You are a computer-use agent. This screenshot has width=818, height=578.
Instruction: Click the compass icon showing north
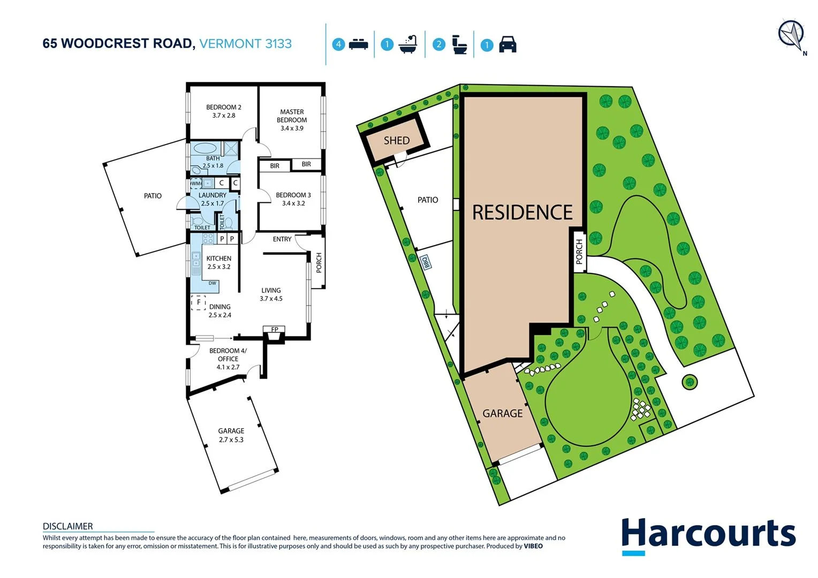click(x=791, y=35)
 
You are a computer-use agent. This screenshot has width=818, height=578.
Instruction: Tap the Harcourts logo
click(x=708, y=535)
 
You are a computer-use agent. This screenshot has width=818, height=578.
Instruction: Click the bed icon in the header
click(x=358, y=44)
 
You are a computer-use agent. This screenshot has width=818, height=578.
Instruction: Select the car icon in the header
click(x=508, y=44)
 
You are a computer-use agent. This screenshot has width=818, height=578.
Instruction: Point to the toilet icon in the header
click(x=459, y=44)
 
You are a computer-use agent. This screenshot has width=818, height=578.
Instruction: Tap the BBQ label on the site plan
click(x=427, y=262)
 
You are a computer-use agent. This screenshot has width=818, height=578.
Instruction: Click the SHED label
click(x=396, y=141)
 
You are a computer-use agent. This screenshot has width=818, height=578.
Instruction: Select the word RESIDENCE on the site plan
click(x=522, y=212)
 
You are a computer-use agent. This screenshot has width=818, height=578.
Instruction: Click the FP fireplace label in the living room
click(x=275, y=330)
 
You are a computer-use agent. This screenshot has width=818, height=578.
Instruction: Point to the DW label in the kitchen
click(x=213, y=283)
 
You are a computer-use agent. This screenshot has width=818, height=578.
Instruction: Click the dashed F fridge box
click(x=199, y=303)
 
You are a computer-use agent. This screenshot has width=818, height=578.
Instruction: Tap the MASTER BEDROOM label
click(x=292, y=116)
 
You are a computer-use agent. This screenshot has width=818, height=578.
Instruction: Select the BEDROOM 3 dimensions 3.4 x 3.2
click(x=293, y=203)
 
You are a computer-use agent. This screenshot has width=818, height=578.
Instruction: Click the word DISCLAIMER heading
click(x=67, y=526)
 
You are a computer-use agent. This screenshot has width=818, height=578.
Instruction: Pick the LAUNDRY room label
click(x=212, y=195)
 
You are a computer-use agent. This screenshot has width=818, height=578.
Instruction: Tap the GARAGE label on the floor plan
click(x=231, y=431)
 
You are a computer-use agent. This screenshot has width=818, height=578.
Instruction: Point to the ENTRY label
click(x=282, y=239)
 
